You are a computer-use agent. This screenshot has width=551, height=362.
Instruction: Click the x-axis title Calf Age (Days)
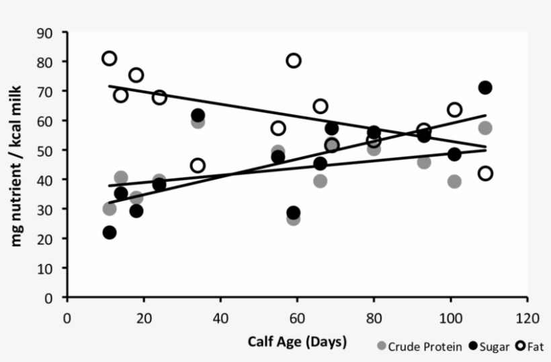point(297,342)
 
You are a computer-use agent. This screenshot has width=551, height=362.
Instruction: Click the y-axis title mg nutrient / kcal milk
point(18,165)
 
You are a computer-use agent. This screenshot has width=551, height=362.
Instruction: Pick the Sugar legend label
point(494,347)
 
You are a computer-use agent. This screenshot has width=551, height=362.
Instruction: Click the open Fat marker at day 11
point(110,58)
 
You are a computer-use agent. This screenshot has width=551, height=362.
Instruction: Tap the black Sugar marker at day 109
point(485,88)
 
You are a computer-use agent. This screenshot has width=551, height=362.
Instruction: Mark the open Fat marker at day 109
point(485,174)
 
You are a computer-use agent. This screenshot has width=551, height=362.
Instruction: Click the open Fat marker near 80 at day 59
point(294,60)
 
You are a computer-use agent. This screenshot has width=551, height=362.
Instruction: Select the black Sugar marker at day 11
point(110,232)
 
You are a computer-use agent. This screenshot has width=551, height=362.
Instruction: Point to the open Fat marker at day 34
point(198,165)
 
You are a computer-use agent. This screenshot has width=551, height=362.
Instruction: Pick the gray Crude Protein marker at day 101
point(454,181)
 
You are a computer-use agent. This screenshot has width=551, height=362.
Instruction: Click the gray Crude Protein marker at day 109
point(485,128)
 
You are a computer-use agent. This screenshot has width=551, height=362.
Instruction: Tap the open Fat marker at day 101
point(454,109)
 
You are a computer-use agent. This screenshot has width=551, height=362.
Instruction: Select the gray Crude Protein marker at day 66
point(321,181)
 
